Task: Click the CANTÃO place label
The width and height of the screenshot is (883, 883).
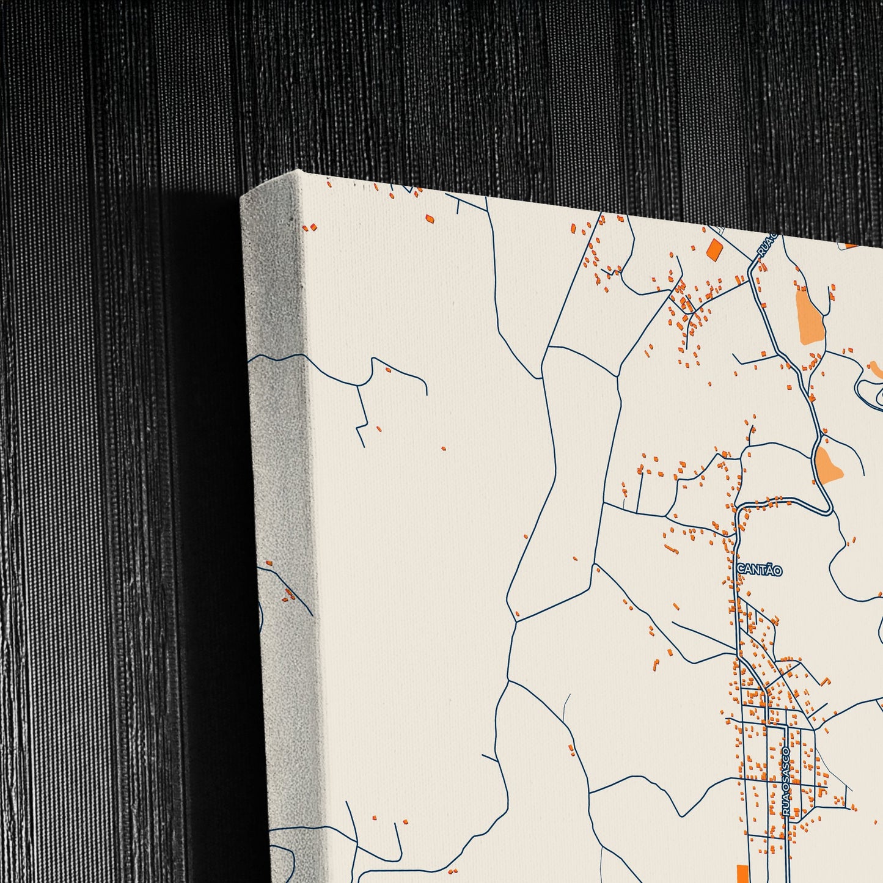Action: click(x=759, y=570)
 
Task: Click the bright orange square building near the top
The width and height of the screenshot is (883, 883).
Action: click(x=714, y=249)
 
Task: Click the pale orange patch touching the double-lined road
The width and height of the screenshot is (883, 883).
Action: click(x=829, y=464)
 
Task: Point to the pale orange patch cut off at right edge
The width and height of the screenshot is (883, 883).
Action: click(x=876, y=368)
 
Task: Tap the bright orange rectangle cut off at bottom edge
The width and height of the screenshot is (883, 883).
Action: click(x=742, y=874)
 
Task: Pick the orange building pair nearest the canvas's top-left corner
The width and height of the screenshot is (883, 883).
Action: click(x=311, y=227)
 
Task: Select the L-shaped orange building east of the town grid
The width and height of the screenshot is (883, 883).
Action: click(x=825, y=681)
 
